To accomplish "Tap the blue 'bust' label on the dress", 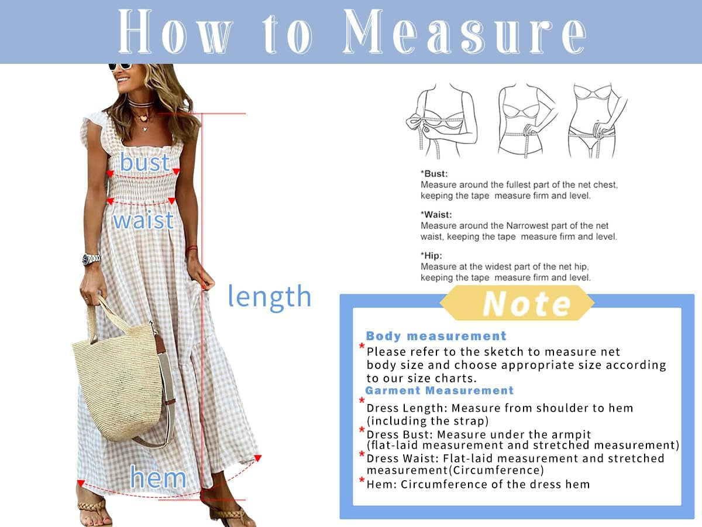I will pos(144,162).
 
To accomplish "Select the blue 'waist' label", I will pos(143,220).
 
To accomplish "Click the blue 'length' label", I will pos(269,296).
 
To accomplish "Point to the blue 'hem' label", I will pos(158,477).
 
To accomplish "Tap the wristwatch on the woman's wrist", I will pos(91,258).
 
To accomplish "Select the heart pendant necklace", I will pos(142,117).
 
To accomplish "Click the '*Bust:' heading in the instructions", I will pos(434,174).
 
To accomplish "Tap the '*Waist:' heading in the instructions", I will pos(436,215).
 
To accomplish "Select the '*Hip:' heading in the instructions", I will pos(431,256).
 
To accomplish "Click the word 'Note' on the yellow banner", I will pos(526,303).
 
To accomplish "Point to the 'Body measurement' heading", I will pos(436,336).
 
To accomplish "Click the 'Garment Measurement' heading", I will pos(439,391).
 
